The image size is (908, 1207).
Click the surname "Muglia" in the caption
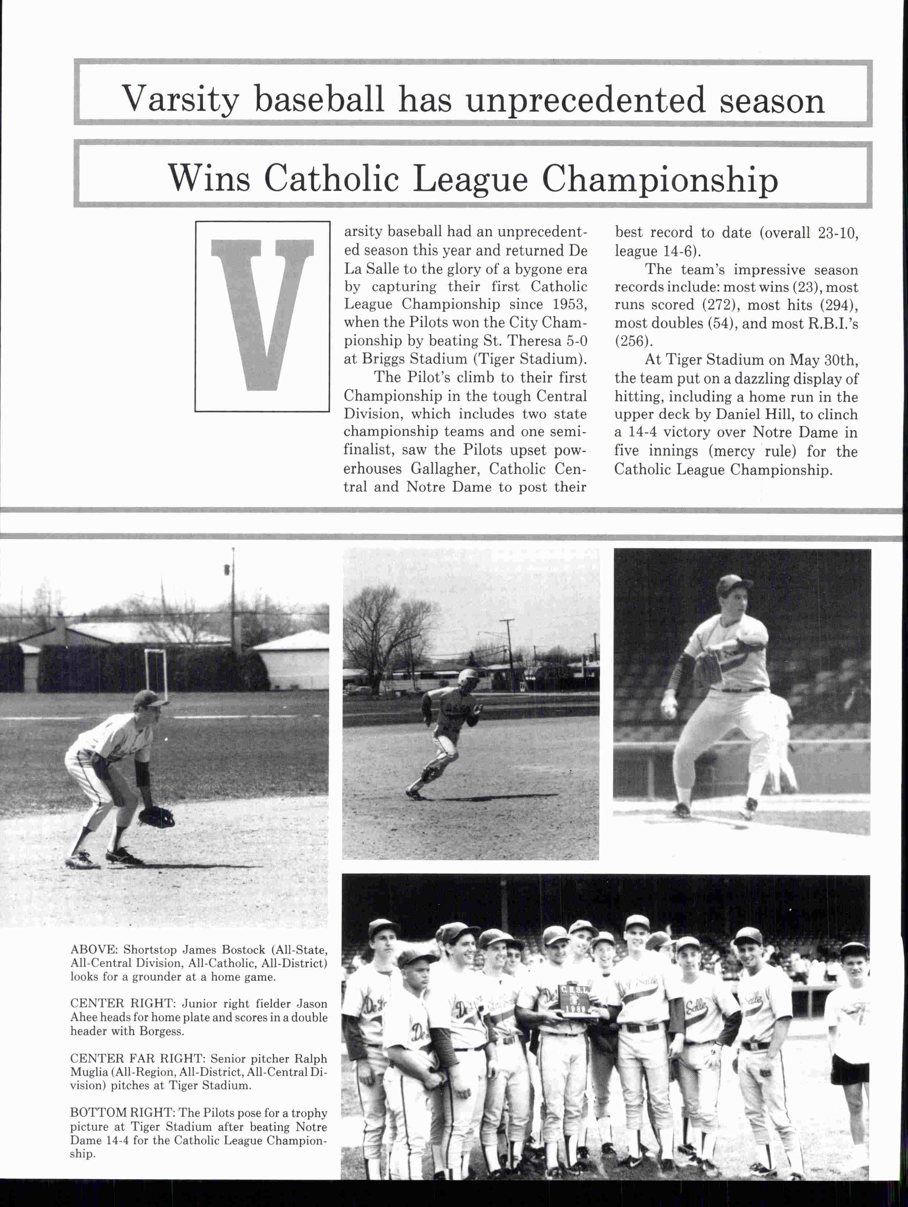(x=89, y=1072)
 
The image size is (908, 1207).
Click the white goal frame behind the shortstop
(x=156, y=674)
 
